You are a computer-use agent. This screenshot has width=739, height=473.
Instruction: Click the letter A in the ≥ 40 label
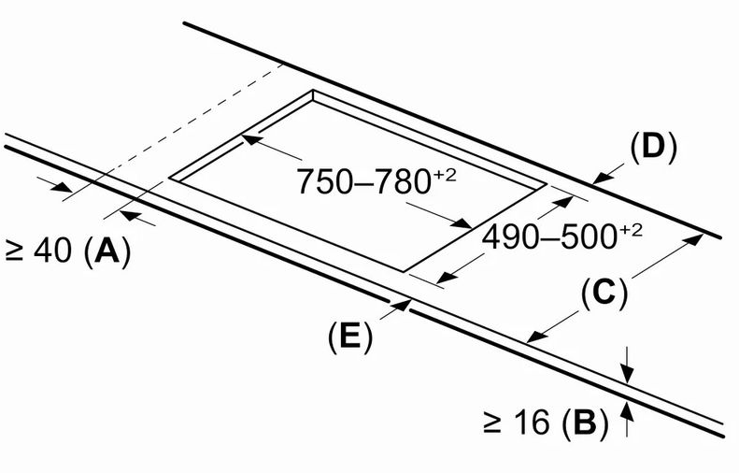coord(107,251)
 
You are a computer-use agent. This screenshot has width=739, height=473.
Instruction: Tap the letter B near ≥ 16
coord(585,422)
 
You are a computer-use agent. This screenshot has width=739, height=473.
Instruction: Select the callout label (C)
coord(604,293)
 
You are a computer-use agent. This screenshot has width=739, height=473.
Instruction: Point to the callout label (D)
coord(653,148)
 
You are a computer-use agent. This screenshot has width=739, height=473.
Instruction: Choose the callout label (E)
coord(349,337)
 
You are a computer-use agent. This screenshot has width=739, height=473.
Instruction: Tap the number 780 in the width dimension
coord(402,181)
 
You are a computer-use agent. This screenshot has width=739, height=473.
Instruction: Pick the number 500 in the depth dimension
coord(589,236)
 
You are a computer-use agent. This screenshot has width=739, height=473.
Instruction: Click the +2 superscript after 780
coord(445,175)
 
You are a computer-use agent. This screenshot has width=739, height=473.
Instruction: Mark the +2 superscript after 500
coord(630,230)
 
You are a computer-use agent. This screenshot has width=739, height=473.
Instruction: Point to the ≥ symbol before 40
coord(14,251)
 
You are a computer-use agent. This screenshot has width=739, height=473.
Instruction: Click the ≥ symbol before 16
coord(492,422)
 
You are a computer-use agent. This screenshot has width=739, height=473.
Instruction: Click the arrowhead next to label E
coord(401,305)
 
